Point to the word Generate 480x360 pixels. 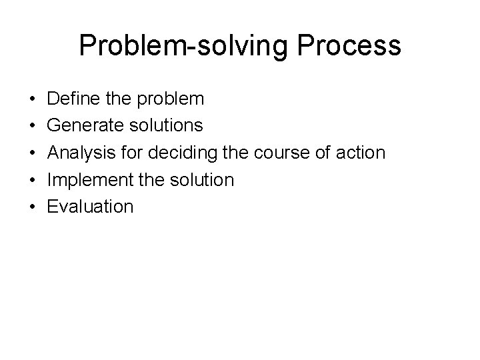click(83, 125)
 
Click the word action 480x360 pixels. click(361, 153)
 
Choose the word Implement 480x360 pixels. click(86, 179)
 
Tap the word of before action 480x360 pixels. click(324, 153)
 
